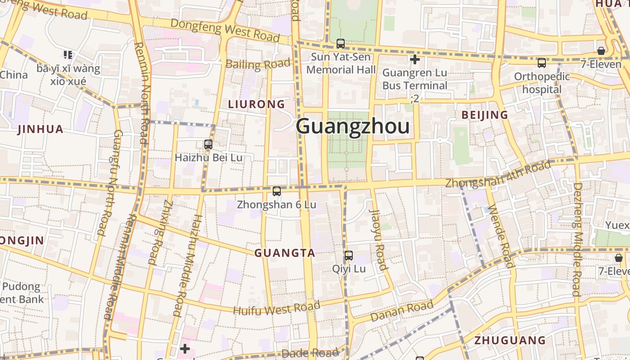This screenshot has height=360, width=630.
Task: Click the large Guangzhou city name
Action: tap(353, 126)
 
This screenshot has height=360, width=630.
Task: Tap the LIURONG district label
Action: tap(256, 104)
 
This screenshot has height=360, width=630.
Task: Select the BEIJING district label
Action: tap(485, 115)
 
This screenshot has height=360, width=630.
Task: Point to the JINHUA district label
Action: tap(40, 130)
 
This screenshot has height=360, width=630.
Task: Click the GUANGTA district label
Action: tap(285, 253)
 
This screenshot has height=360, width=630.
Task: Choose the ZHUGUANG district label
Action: tap(510, 340)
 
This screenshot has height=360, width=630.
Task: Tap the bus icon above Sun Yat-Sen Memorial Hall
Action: tap(341, 44)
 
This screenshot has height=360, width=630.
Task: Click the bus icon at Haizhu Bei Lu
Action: tap(208, 144)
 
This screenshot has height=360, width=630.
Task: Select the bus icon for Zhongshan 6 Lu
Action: tap(277, 191)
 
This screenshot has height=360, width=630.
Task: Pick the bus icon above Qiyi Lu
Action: tap(349, 256)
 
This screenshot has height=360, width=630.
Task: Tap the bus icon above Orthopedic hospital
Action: tap(542, 63)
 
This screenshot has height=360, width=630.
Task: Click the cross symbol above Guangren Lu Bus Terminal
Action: tap(415, 59)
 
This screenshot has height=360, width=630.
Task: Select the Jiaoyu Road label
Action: tap(378, 239)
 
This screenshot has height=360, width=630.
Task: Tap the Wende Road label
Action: tap(500, 235)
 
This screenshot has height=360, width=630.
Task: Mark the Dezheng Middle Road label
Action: tap(577, 238)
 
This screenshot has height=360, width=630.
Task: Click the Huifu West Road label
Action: tap(276, 309)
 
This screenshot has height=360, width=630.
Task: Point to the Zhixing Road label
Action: tap(160, 232)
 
